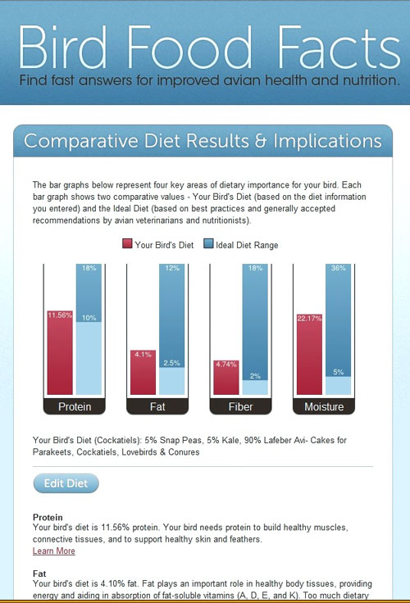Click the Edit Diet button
pos(66,483)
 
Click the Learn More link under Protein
pos(54,551)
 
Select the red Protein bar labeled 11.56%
pos(60,352)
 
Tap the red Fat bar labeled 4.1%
pos(143,372)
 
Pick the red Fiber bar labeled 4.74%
pos(226,377)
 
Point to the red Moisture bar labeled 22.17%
pos(309,354)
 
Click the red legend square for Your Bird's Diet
pos(127,244)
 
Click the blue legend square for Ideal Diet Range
pos(208,244)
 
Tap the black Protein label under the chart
pos(75,406)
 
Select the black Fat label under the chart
pos(157,406)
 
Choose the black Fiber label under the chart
pos(240,406)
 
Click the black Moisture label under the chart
pos(324,406)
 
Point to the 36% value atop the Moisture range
pos(338,268)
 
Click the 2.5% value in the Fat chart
pos(171,363)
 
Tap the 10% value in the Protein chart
pos(89,318)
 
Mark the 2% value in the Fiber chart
pos(255,376)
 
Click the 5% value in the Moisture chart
pos(339,372)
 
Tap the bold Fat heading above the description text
pos(39,574)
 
